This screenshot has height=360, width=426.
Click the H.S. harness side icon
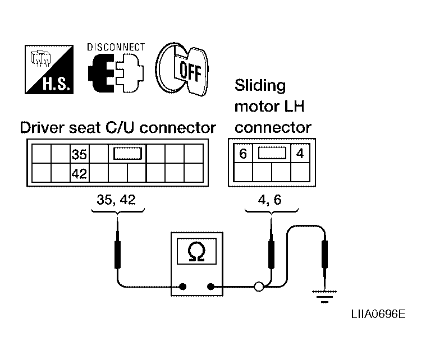[49, 70]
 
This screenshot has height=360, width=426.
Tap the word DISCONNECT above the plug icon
[116, 47]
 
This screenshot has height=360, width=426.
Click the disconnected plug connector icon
[116, 73]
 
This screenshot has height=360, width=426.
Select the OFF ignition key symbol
[182, 69]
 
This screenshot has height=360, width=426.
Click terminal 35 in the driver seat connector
[79, 154]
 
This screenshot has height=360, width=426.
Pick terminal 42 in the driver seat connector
[79, 173]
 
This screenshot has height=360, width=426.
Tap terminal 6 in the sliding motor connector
[243, 154]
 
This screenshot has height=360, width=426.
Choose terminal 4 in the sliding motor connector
[300, 154]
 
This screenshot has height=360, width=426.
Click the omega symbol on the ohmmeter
[196, 251]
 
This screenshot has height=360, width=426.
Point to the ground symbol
[324, 297]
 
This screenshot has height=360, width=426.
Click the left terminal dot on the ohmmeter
[182, 287]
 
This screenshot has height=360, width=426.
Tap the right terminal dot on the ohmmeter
[210, 287]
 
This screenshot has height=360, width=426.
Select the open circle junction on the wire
[259, 287]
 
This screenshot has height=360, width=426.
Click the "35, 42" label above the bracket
[116, 200]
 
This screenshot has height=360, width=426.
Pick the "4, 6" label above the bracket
[269, 200]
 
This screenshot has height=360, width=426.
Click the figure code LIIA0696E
[378, 314]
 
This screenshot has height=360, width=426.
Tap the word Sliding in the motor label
[260, 86]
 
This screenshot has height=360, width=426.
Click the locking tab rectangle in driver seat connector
[128, 154]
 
